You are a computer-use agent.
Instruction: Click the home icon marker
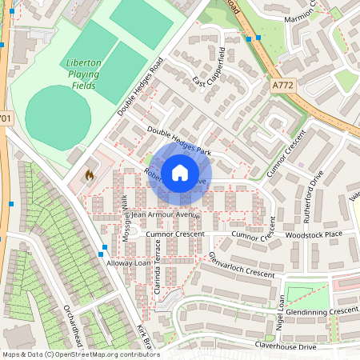click(x=180, y=172)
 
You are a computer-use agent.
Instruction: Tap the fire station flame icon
click(x=89, y=174)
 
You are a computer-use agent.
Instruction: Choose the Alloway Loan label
click(x=129, y=262)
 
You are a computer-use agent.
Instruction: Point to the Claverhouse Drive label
click(x=286, y=346)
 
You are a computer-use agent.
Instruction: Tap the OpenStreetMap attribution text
click(x=80, y=354)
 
